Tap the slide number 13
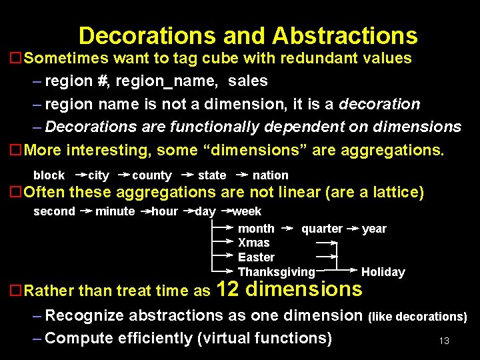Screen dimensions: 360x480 (444, 341)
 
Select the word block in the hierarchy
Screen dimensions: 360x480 (49, 175)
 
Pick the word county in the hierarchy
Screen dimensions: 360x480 (152, 175)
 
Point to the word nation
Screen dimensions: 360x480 (270, 175)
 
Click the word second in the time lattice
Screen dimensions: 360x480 (54, 211)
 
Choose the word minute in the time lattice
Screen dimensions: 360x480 (115, 211)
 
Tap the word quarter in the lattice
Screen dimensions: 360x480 (321, 229)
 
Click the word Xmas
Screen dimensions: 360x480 (254, 243)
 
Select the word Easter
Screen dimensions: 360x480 (256, 257)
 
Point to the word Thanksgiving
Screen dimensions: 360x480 (276, 272)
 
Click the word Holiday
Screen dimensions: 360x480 (383, 272)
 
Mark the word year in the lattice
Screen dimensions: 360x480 (374, 229)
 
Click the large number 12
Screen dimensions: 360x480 (228, 289)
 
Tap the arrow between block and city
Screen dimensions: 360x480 (80, 175)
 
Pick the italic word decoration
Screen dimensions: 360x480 (379, 104)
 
